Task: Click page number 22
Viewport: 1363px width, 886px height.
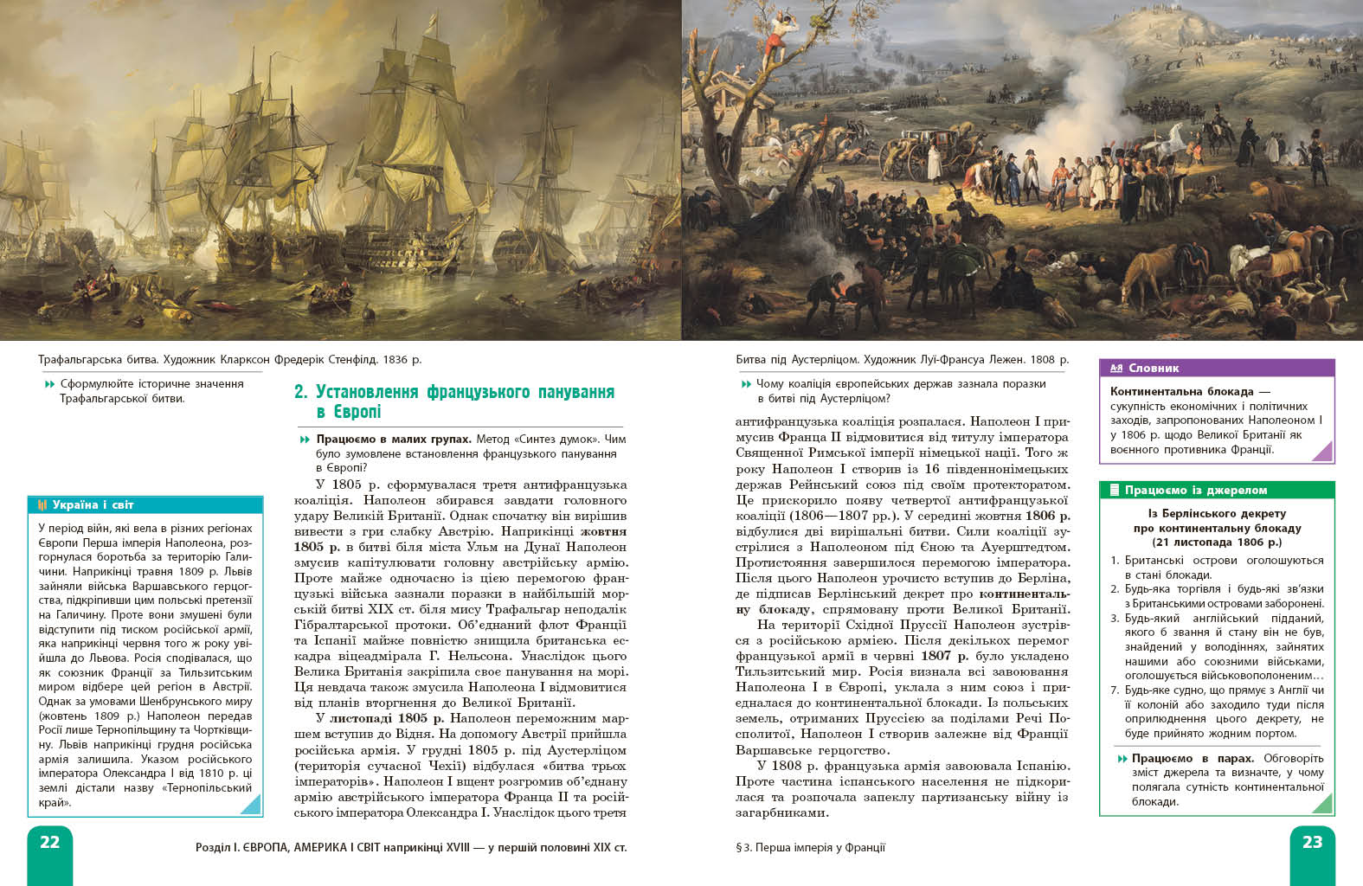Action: tap(49, 842)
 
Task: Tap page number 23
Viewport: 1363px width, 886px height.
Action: tap(1312, 842)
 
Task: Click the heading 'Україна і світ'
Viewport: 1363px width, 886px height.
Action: tap(93, 504)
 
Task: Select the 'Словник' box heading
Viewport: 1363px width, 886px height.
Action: tap(1154, 368)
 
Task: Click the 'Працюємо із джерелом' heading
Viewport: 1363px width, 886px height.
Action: tap(1195, 490)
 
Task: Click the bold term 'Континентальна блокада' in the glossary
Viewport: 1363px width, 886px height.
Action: tap(1181, 391)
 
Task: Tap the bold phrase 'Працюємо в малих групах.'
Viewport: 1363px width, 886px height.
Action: tap(394, 439)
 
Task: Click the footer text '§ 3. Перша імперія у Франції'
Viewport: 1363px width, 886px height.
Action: tap(810, 847)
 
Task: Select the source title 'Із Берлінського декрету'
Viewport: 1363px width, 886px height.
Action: tap(1217, 513)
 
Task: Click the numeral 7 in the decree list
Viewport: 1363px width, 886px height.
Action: tap(1114, 690)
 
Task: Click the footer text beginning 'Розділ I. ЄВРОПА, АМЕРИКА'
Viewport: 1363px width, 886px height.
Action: tap(411, 847)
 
